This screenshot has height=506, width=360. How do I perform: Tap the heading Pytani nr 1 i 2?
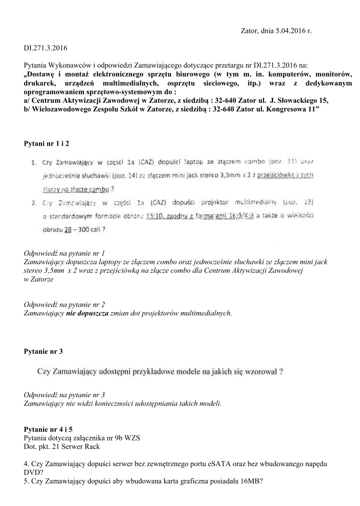(47, 144)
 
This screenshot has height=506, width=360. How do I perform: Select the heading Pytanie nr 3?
(44, 352)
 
